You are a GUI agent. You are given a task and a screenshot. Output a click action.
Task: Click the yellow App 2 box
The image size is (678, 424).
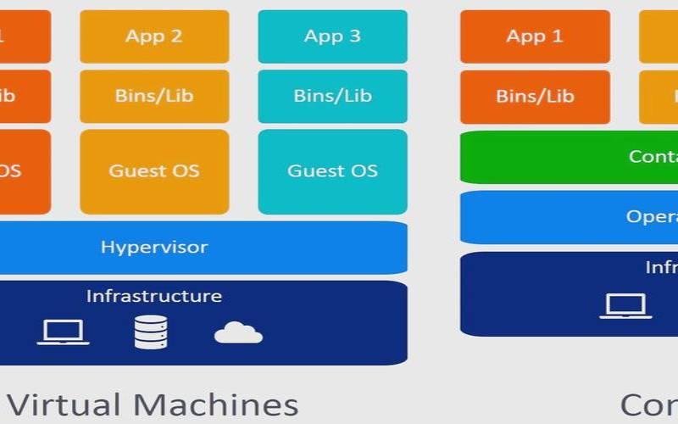[x=154, y=36]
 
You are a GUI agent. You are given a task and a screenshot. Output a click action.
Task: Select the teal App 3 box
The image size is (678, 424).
[x=332, y=36]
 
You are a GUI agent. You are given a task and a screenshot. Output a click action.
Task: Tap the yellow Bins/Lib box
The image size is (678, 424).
[x=154, y=97]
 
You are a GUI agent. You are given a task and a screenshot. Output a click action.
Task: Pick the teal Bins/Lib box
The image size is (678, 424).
[x=332, y=97]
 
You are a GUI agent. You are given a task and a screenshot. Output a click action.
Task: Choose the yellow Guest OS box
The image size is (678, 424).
[x=154, y=171]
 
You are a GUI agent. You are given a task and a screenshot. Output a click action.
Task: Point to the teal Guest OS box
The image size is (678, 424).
[x=332, y=171]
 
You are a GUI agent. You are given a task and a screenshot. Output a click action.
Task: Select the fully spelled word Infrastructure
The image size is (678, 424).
[x=154, y=296]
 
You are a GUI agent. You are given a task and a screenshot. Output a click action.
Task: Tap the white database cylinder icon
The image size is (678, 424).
[x=150, y=332]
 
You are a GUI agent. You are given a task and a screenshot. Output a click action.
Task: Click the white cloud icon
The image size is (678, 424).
[x=238, y=332]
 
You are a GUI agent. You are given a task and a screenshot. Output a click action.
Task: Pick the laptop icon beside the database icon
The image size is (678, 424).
[x=64, y=332]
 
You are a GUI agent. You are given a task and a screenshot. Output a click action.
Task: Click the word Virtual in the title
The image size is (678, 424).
[x=65, y=404]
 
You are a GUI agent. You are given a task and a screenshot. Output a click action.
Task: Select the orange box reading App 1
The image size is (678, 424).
[x=535, y=36]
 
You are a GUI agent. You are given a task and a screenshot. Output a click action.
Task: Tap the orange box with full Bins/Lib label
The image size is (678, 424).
[x=535, y=97]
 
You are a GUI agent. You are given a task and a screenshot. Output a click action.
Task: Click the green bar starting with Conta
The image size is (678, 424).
[x=569, y=157]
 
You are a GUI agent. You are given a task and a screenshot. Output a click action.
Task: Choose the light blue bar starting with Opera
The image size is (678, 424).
[x=569, y=217]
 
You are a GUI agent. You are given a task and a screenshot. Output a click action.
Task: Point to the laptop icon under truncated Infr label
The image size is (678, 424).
[x=625, y=306]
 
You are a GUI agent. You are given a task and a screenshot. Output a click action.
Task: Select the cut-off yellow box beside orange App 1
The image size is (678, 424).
[x=659, y=36]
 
